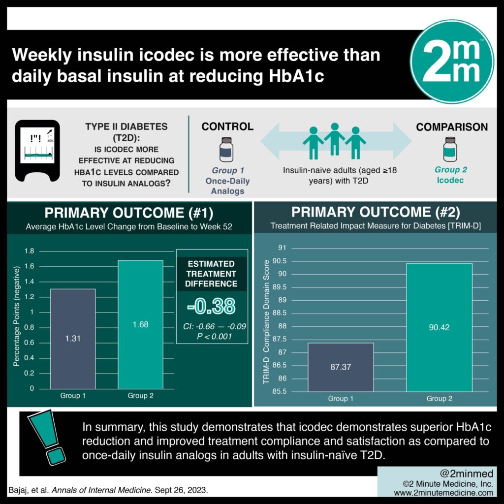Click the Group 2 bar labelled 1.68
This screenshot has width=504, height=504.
coord(140,324)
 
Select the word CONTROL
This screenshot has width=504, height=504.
coord(227,126)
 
